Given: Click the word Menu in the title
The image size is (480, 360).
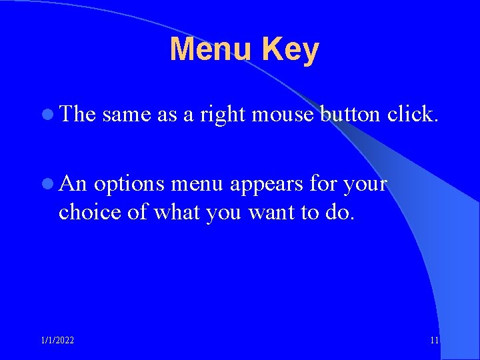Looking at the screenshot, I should point(211,49).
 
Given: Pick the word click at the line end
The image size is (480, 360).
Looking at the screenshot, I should point(413,115).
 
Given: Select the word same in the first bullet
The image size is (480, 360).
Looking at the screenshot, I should point(127,115).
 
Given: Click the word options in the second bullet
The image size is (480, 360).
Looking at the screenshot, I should point(131,185).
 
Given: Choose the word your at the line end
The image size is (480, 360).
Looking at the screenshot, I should point(365,185).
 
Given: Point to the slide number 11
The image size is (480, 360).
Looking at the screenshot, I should point(435,341).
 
